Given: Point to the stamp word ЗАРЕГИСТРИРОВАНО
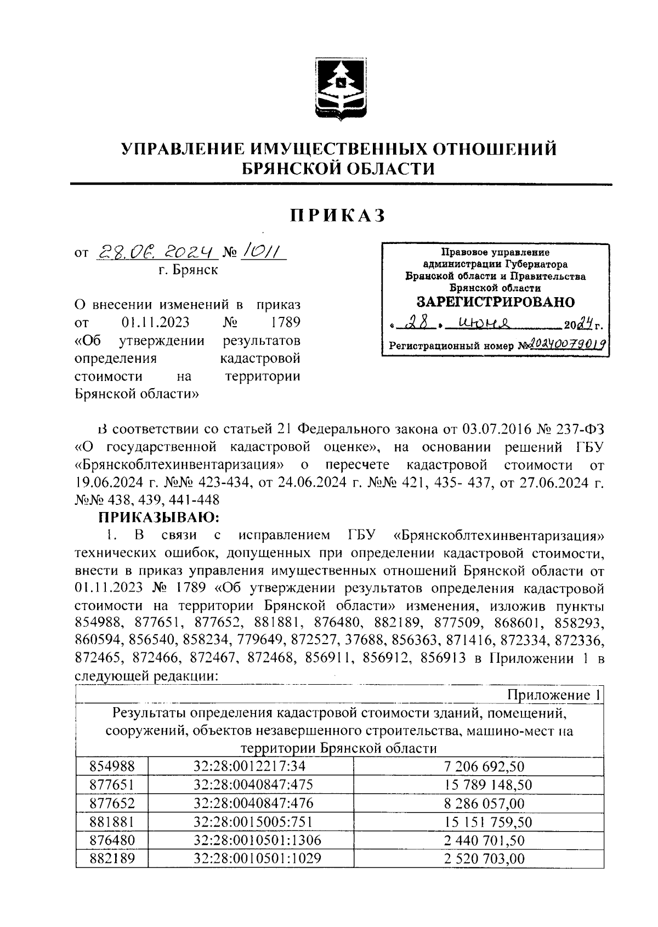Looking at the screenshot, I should tap(495, 302).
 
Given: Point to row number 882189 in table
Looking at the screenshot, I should tap(105, 858).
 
